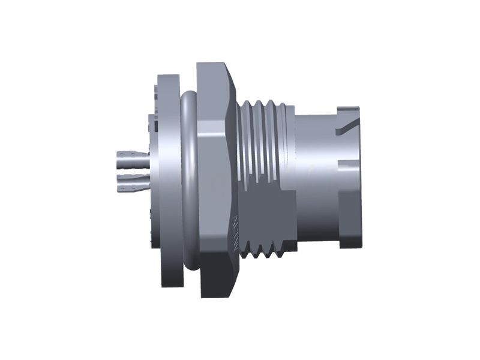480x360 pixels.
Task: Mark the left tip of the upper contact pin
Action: coord(116,161)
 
